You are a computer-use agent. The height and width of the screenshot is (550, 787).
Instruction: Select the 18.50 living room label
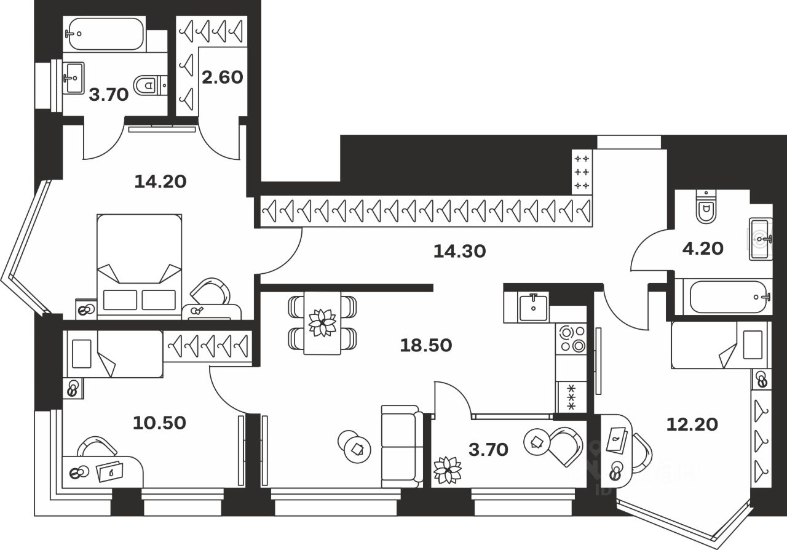point(426,345)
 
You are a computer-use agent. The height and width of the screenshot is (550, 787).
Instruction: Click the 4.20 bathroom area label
point(702,248)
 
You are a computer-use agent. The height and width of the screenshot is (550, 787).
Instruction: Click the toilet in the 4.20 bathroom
point(705,207)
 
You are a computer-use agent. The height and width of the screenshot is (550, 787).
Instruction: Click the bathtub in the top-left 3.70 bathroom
point(105,34)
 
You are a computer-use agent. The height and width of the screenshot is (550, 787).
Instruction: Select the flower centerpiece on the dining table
point(323,322)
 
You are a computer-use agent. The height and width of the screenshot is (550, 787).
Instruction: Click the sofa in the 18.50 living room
point(401,446)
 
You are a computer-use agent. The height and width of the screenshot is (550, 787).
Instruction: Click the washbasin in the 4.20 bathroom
point(760,238)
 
